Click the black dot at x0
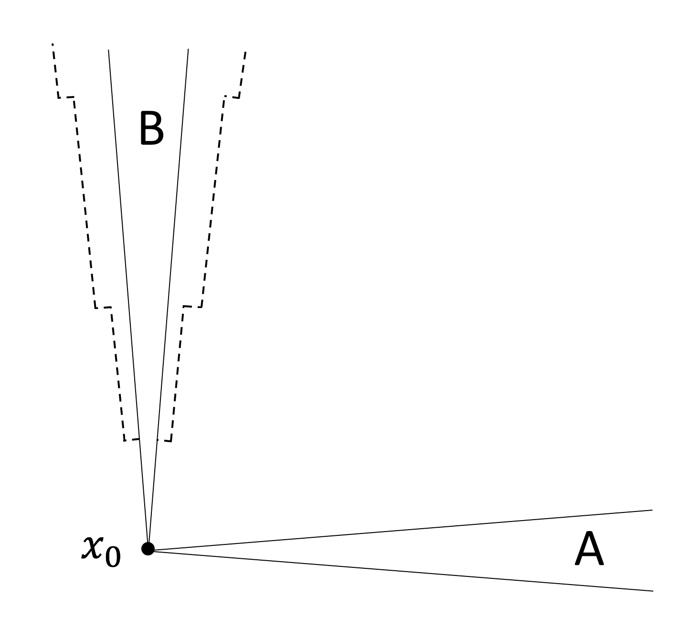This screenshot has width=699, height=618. tap(148, 549)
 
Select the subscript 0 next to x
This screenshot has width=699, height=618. tap(113, 557)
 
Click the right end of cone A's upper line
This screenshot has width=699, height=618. tap(652, 510)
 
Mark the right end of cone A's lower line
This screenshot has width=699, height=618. tap(652, 591)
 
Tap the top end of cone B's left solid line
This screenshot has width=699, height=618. tap(108, 50)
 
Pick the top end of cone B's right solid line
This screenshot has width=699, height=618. tap(188, 49)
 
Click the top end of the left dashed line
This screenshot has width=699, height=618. tap(53, 44)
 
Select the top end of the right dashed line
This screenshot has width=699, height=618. tap(245, 52)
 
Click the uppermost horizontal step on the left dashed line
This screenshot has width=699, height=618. tap(66, 97)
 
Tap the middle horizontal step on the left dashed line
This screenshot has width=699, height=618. tap(103, 308)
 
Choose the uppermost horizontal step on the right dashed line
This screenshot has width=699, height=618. tap(232, 97)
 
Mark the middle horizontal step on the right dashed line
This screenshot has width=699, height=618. tap(193, 307)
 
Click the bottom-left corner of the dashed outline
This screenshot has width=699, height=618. tap(124, 440)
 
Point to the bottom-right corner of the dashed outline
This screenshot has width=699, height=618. tap(171, 441)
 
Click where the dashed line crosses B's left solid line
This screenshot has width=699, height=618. tap(139, 438)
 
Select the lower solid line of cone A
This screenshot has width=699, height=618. tap(401, 571)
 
